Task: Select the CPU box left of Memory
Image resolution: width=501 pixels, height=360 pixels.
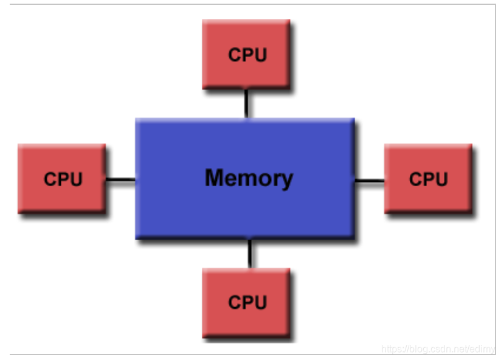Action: click(61, 178)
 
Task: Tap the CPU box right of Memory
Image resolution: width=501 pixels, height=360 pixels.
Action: click(428, 178)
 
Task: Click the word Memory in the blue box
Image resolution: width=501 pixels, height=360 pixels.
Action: click(249, 178)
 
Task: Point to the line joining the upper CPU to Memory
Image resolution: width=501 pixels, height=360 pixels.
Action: click(246, 103)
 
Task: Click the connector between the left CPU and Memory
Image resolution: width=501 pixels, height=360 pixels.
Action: click(120, 179)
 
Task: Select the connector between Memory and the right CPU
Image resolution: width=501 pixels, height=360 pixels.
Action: click(369, 181)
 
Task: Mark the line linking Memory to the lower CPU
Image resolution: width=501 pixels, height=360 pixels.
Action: click(249, 254)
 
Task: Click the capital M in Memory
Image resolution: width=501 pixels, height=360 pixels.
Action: click(215, 178)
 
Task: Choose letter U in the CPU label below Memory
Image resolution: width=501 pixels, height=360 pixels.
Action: click(260, 302)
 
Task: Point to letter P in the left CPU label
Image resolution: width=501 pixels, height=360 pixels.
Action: click(63, 179)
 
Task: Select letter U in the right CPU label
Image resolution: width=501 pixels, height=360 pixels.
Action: click(441, 179)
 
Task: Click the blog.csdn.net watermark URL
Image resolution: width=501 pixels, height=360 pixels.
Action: click(438, 349)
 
